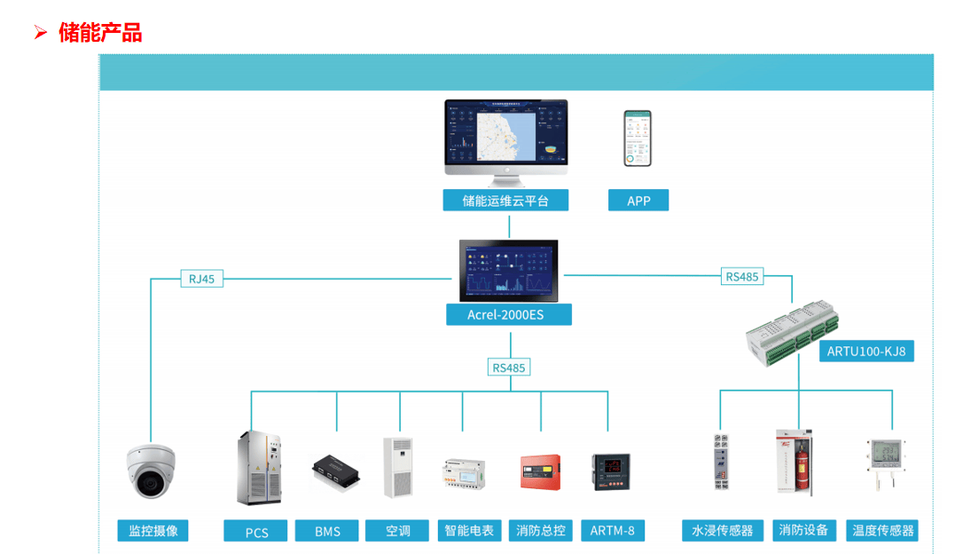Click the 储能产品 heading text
click(100, 34)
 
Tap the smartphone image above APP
click(637, 138)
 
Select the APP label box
click(638, 201)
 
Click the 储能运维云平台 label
click(505, 201)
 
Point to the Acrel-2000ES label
click(508, 314)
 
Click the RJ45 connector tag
click(201, 279)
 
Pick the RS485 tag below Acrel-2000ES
click(509, 368)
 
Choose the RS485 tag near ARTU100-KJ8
click(742, 276)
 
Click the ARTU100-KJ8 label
click(866, 351)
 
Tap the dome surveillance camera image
click(151, 470)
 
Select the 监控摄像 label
click(153, 531)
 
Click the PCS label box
click(256, 532)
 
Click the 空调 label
click(398, 531)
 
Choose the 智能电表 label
click(469, 531)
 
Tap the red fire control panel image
click(540, 471)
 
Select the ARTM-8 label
click(613, 531)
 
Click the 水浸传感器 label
click(722, 531)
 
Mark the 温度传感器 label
click(882, 531)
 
